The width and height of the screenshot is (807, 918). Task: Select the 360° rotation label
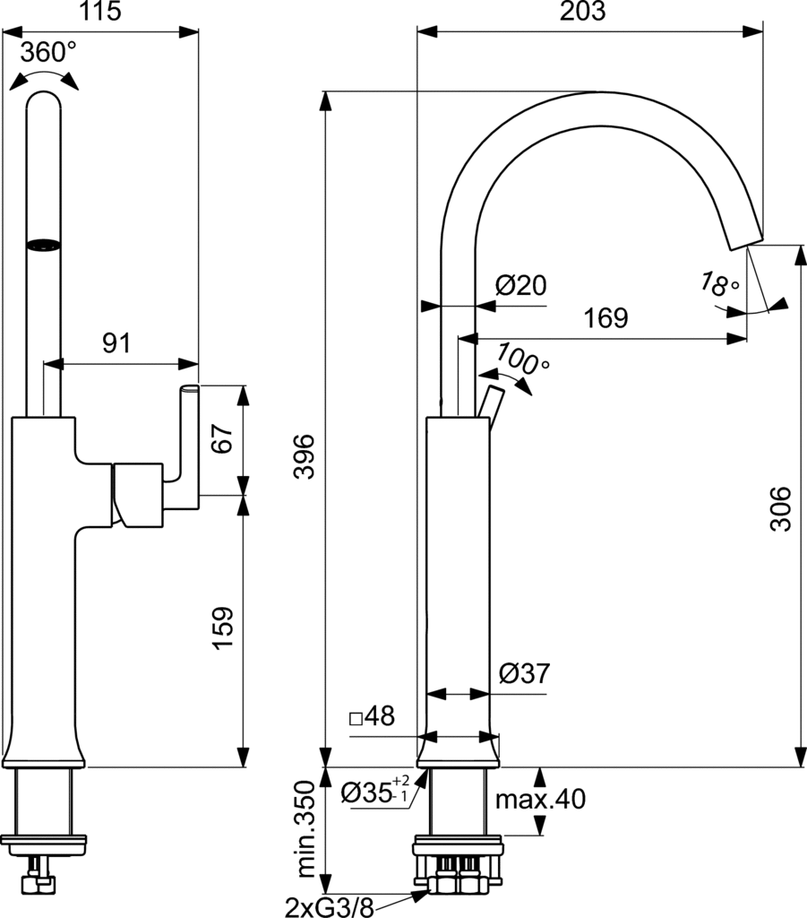click(48, 52)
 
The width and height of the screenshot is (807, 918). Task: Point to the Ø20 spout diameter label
click(520, 286)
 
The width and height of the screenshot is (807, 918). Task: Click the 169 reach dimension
click(606, 318)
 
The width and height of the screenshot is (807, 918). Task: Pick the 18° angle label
click(720, 285)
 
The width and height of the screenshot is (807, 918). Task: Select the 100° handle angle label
click(524, 359)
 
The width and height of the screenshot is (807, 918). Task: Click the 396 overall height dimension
click(306, 456)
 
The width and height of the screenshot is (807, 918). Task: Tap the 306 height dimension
click(781, 508)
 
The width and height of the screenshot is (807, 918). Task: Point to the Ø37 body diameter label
click(524, 672)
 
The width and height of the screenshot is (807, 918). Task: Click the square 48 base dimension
click(371, 716)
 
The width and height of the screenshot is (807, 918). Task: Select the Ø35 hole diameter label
click(375, 792)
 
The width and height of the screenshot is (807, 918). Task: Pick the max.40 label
click(544, 798)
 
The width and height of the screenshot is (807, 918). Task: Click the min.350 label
click(306, 829)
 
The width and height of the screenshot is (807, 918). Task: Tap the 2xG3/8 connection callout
click(328, 905)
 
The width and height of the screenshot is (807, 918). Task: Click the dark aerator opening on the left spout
click(44, 243)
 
